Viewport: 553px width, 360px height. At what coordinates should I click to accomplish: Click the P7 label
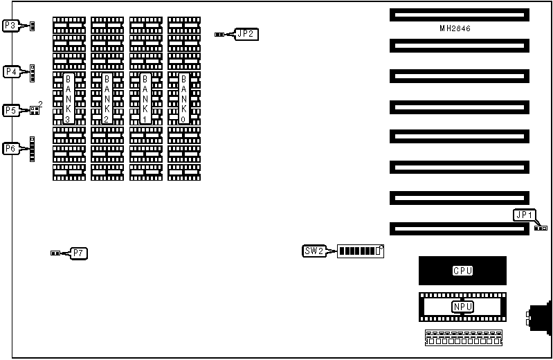(x=78, y=253)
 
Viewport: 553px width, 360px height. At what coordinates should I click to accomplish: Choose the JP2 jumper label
(x=246, y=33)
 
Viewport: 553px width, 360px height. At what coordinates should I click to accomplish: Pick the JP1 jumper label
(x=523, y=215)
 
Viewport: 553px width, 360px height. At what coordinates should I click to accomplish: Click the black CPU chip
(x=462, y=270)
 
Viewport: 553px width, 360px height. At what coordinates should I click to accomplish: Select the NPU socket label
(x=462, y=307)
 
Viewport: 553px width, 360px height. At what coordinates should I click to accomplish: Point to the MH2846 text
(x=459, y=28)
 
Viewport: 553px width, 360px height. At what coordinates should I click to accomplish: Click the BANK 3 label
(x=68, y=98)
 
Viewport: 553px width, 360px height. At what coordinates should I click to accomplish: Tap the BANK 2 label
(x=107, y=98)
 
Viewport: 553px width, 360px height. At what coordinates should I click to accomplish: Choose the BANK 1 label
(x=145, y=98)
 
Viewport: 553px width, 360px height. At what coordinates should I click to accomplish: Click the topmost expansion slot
(x=459, y=15)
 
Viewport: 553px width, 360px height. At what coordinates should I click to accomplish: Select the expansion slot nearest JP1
(x=459, y=228)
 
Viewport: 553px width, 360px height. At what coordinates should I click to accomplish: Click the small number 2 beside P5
(x=40, y=104)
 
